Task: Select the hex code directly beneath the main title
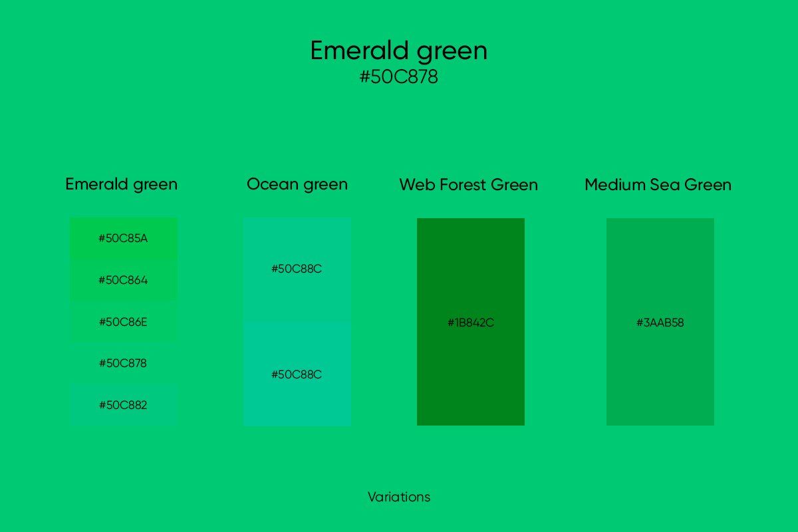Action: pyautogui.click(x=398, y=76)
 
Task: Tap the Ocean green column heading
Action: pyautogui.click(x=297, y=185)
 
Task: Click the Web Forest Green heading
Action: pyautogui.click(x=468, y=185)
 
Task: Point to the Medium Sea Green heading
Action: pyautogui.click(x=658, y=185)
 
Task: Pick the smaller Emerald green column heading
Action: pyautogui.click(x=122, y=185)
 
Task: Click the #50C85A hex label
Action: pyautogui.click(x=123, y=238)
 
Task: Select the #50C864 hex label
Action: pyautogui.click(x=123, y=280)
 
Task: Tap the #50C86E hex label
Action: pyautogui.click(x=123, y=322)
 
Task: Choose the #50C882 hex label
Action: pyautogui.click(x=123, y=405)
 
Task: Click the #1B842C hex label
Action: pyautogui.click(x=471, y=323)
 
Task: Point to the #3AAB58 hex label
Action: pyautogui.click(x=660, y=323)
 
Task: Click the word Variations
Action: pyautogui.click(x=399, y=497)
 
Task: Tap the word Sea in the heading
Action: pyautogui.click(x=665, y=185)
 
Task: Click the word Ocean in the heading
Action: pyautogui.click(x=273, y=185)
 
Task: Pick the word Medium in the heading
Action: pyautogui.click(x=615, y=185)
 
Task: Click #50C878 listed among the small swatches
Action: pyautogui.click(x=123, y=364)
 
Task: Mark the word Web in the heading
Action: pyautogui.click(x=417, y=185)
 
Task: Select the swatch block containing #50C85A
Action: pyautogui.click(x=124, y=238)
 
